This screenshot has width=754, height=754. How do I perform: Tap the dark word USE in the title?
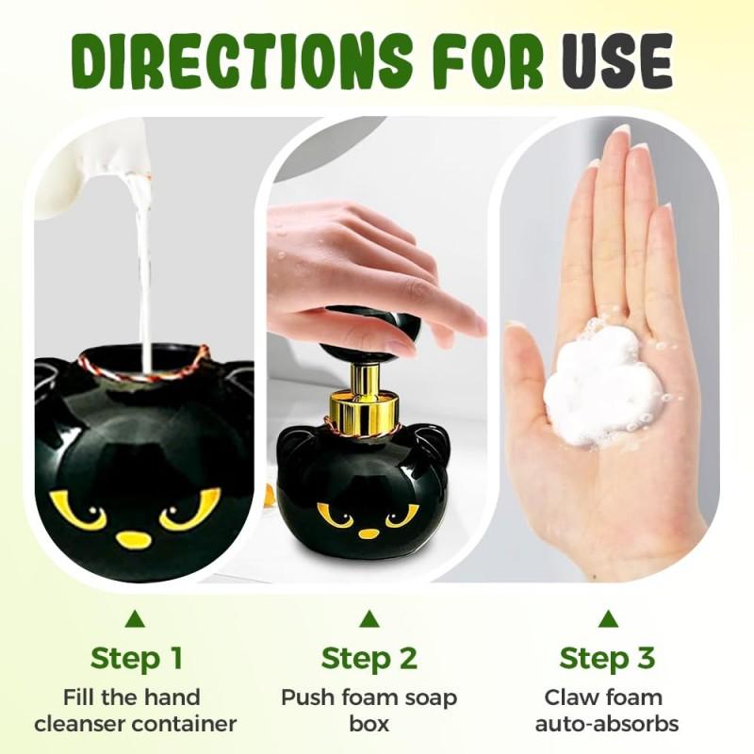click(x=617, y=63)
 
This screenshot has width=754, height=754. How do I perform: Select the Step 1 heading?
click(x=136, y=657)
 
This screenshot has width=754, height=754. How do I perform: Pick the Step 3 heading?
click(x=608, y=657)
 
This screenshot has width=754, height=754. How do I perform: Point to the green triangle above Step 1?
click(x=136, y=619)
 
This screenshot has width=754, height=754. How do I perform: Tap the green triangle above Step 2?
click(x=369, y=619)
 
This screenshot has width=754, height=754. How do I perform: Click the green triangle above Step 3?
click(x=609, y=619)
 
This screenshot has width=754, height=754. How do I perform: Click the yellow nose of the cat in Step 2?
click(x=369, y=533)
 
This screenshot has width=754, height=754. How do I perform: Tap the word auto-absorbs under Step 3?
click(x=608, y=724)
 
